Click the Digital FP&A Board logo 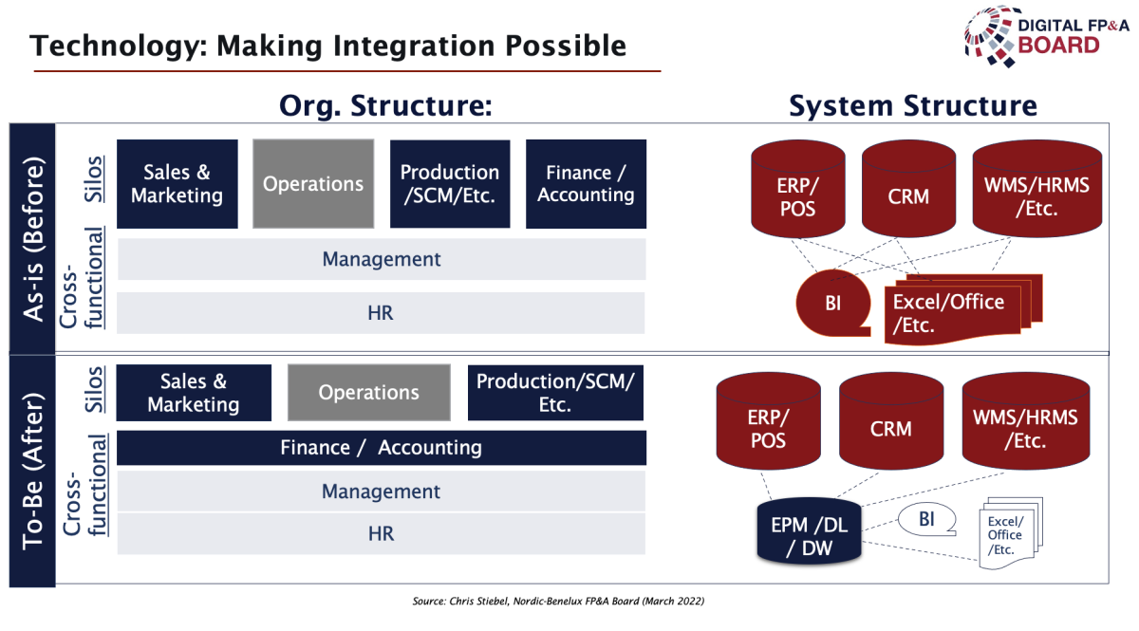(x=1046, y=37)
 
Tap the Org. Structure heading (x=385, y=105)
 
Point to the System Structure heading (x=913, y=105)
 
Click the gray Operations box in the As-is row (x=313, y=183)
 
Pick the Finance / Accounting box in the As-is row (x=586, y=183)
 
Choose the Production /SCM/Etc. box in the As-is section (x=450, y=183)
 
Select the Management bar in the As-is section (x=382, y=259)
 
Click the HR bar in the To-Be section (x=381, y=534)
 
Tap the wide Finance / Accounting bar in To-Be (x=382, y=448)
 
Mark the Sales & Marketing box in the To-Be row (x=194, y=393)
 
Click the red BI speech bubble (x=833, y=303)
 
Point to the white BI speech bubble (x=926, y=519)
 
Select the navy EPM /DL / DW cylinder (x=809, y=531)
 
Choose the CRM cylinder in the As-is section (x=908, y=189)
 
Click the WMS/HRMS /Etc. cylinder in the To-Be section (x=1026, y=421)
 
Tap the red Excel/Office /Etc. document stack (x=963, y=309)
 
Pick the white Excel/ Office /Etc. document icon (x=1010, y=533)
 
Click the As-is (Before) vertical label (x=32, y=239)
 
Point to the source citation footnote (x=558, y=601)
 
